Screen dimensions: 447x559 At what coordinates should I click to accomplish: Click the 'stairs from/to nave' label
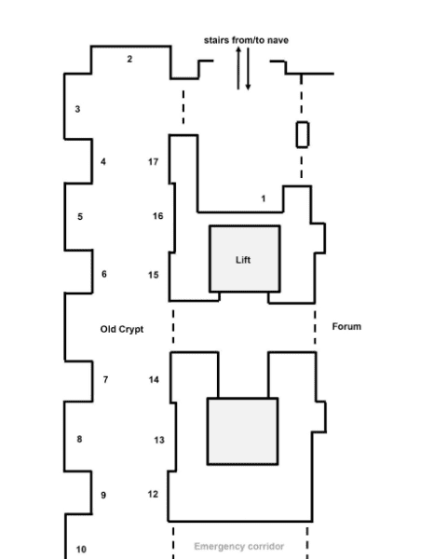coord(246,40)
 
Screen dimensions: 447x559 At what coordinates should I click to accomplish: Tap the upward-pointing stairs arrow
coord(238,68)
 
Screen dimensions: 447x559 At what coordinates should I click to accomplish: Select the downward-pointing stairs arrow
coord(248,69)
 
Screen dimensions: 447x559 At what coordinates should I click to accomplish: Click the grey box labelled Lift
coord(245,259)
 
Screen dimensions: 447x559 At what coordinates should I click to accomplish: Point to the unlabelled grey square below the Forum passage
coord(243,431)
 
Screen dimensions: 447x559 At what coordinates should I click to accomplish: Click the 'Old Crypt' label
coord(122,330)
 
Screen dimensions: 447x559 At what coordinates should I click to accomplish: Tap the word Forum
coord(346,327)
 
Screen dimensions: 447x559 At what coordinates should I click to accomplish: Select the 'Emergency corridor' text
coord(238,546)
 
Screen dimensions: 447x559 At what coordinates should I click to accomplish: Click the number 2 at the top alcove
coord(129,60)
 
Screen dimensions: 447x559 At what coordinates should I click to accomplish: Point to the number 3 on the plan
coord(77,109)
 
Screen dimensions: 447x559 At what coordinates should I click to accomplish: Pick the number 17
coord(154,162)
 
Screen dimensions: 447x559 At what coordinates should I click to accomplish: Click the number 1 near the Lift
coord(264,198)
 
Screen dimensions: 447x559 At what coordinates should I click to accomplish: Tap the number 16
coord(158,216)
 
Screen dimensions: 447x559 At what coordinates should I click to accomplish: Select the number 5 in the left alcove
coord(80,217)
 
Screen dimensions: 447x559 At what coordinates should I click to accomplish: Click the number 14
coord(154,380)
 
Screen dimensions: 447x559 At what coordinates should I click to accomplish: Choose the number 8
coord(79,439)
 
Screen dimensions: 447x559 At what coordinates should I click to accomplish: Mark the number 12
coord(153,494)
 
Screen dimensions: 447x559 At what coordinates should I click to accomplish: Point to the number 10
coord(81,550)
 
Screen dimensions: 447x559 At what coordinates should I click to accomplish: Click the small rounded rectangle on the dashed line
coord(303,134)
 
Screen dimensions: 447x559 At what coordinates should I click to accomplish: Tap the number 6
coord(104,274)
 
